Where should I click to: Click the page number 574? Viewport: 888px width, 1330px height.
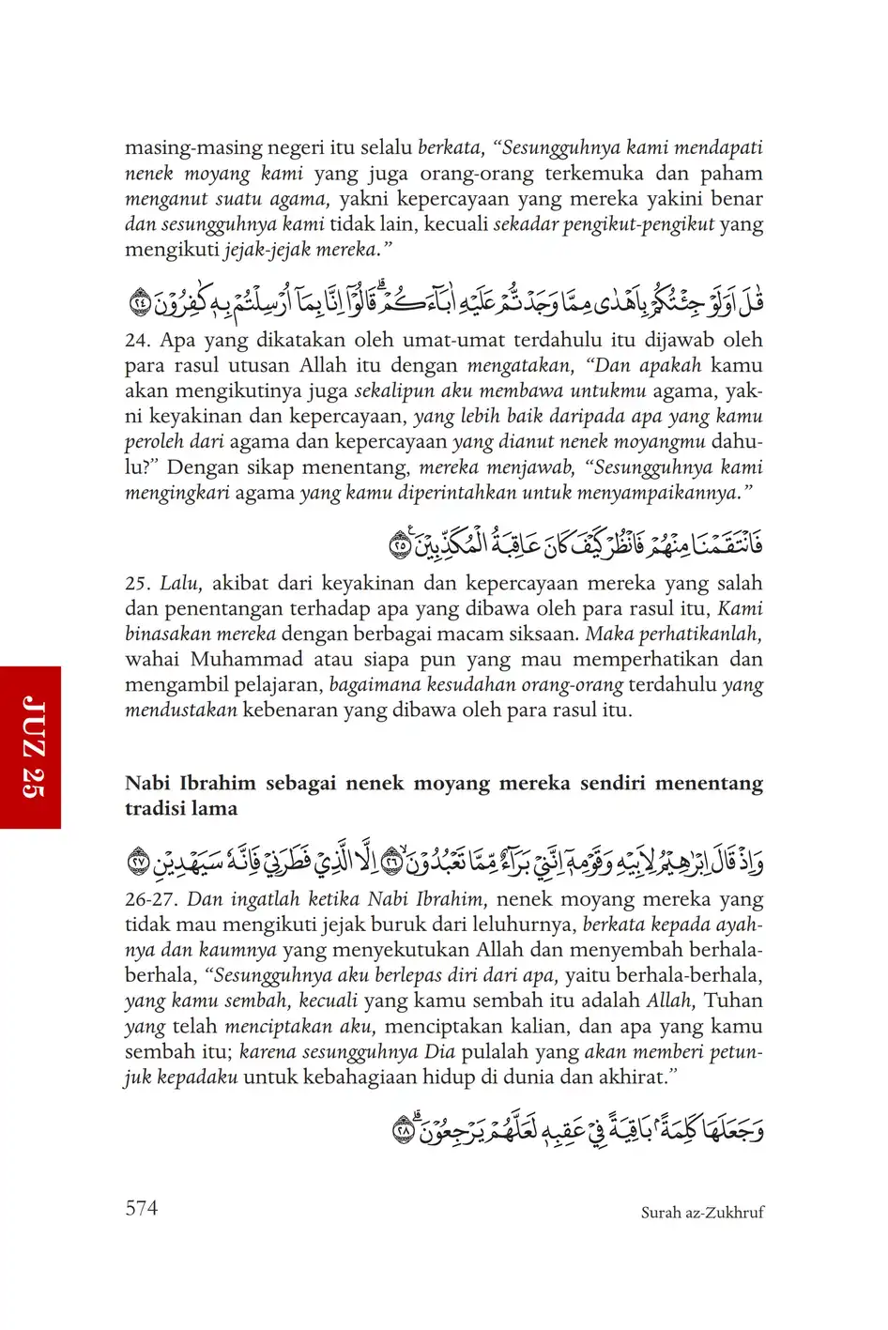pos(142,1208)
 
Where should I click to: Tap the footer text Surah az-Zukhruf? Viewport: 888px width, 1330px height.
pos(702,1213)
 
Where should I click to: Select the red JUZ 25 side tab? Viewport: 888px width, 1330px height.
pos(30,747)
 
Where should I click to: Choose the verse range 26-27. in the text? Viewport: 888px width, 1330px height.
pos(152,899)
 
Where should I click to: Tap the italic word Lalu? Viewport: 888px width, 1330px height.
pos(178,583)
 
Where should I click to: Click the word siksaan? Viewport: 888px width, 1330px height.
pos(543,634)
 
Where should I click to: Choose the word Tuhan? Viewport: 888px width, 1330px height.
pos(733,1001)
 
